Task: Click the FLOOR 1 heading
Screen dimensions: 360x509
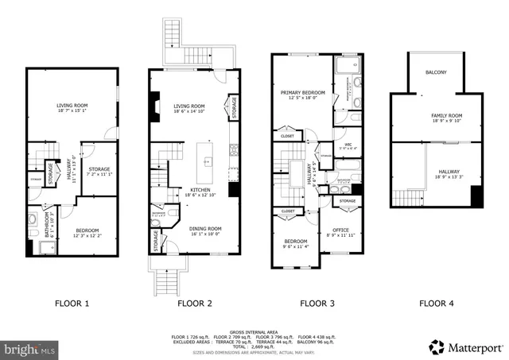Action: (72, 303)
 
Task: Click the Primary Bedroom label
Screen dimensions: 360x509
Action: (303, 92)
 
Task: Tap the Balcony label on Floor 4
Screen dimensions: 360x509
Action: (436, 72)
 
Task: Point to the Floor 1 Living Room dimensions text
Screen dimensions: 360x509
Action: (72, 111)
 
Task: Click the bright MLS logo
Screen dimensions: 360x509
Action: (29, 348)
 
